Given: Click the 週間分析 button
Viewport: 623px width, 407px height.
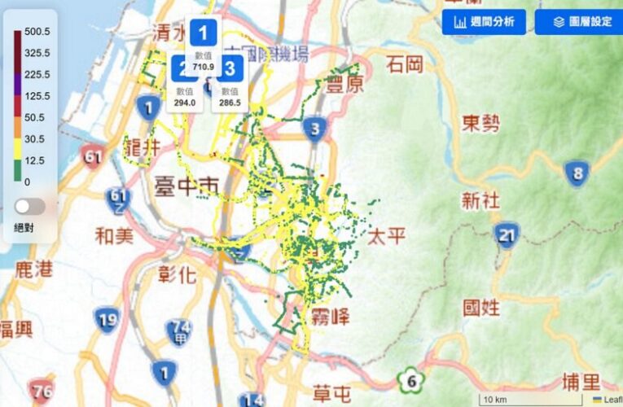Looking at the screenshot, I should tap(484, 22).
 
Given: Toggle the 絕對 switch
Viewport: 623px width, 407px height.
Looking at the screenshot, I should tap(30, 207).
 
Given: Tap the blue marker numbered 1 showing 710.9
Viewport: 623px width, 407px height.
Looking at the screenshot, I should tap(203, 34).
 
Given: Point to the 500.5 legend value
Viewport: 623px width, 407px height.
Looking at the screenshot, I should tap(37, 32).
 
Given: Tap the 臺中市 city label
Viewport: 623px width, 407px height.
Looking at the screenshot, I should tap(186, 188).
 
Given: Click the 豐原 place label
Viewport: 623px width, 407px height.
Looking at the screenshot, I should tap(344, 84).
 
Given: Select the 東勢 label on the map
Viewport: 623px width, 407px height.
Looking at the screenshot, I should tap(480, 124).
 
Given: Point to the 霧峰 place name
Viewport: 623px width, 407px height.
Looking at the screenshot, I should tap(330, 316).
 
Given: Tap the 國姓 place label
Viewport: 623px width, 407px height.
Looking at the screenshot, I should tap(481, 308).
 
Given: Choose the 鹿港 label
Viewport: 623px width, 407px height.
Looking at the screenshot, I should tap(35, 269).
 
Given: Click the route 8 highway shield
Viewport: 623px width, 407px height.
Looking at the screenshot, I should tap(577, 173).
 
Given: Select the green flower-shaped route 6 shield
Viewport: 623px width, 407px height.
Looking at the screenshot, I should tap(411, 380).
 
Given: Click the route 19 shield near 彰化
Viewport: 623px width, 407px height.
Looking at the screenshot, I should tap(106, 319).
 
